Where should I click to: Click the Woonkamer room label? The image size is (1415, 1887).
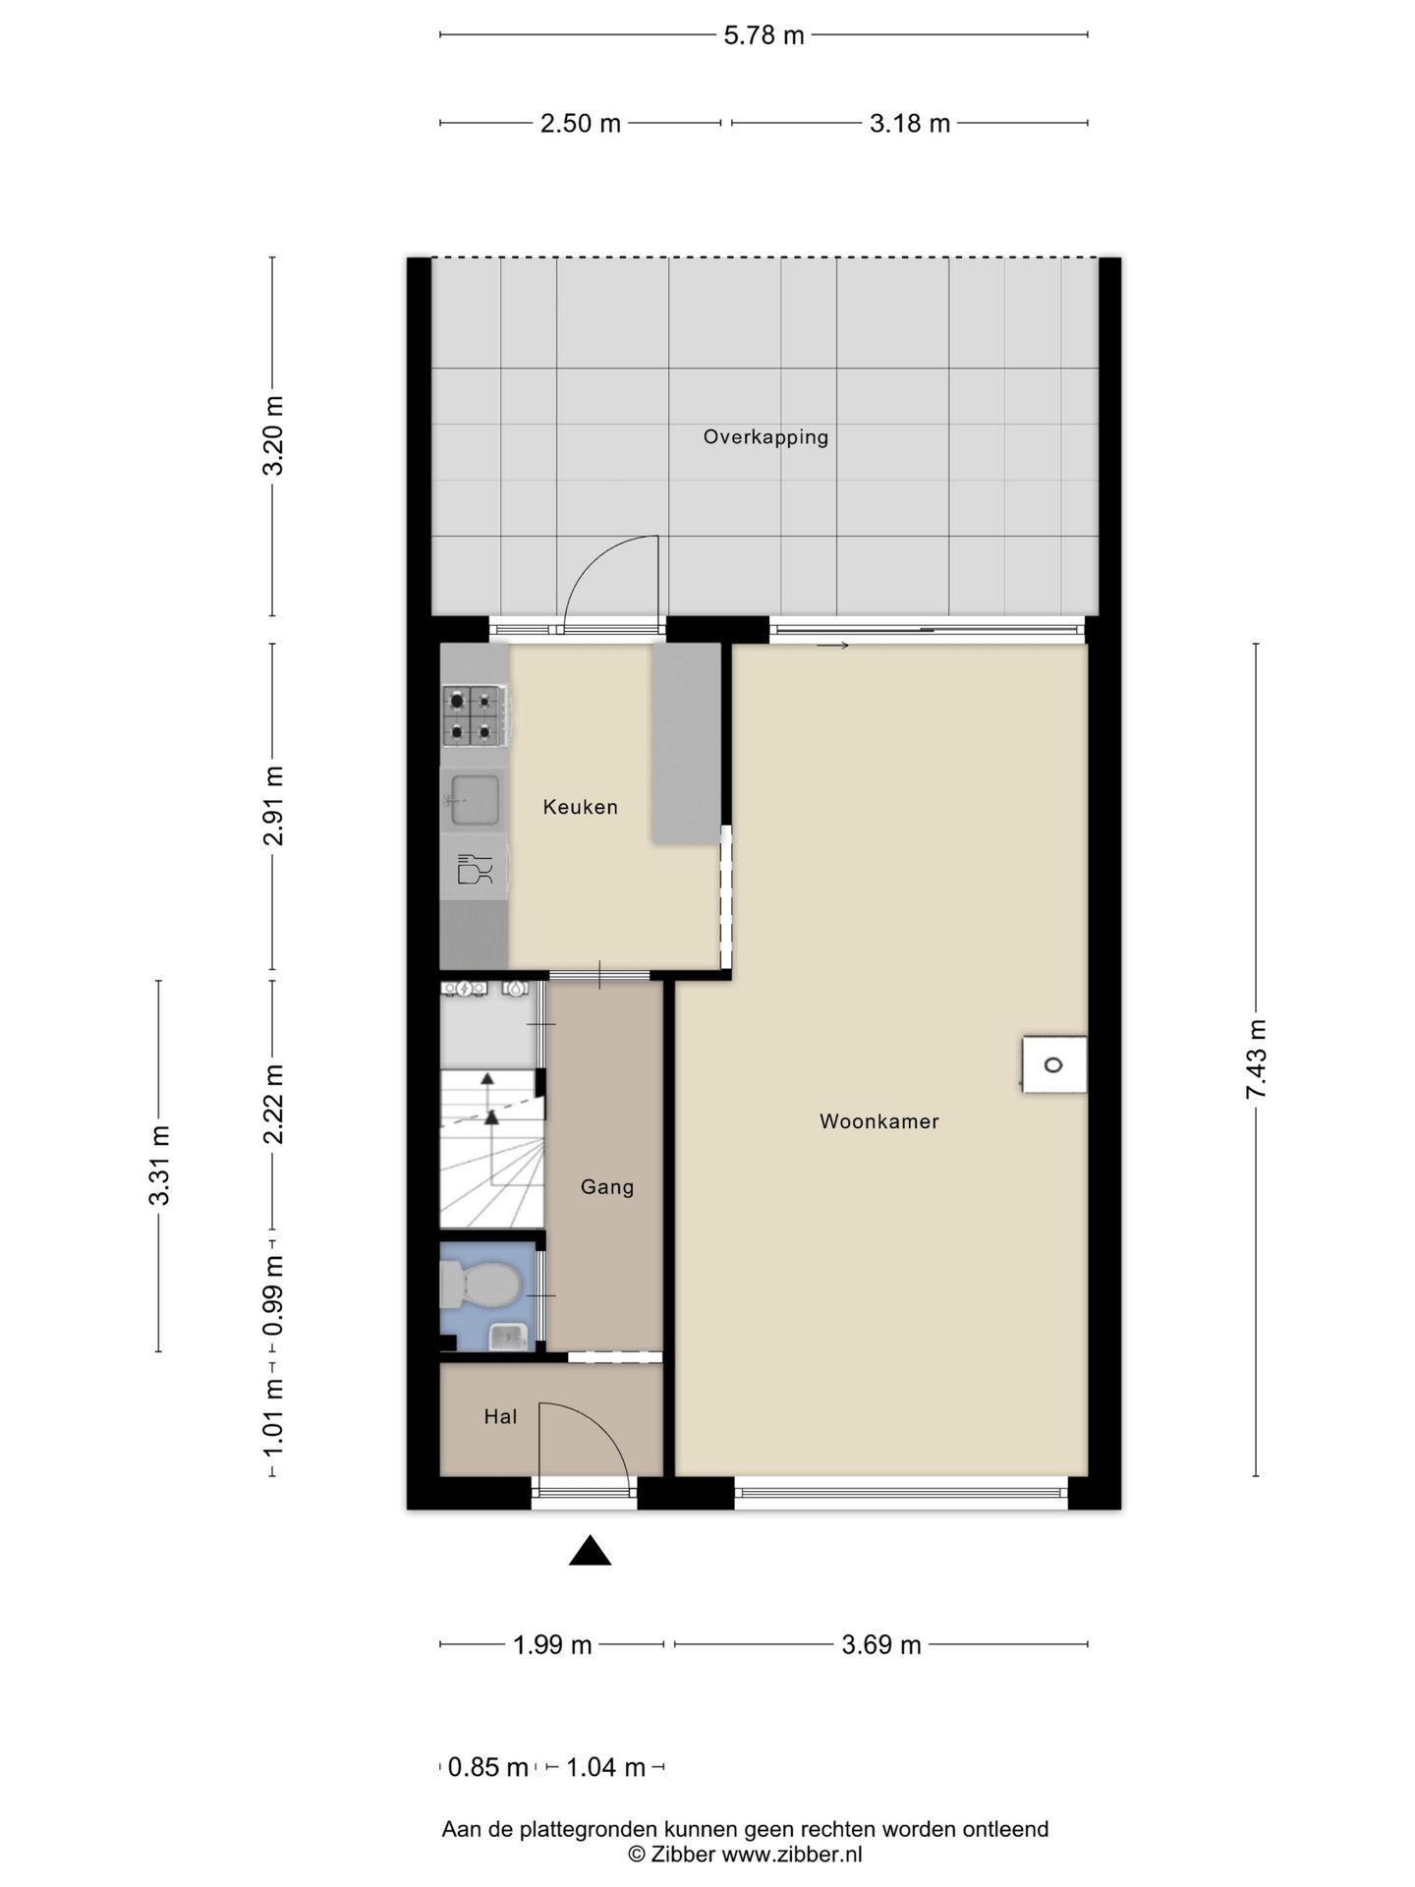pos(878,1121)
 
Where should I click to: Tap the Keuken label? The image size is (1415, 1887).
pos(580,807)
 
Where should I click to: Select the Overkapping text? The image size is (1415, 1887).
pos(765,437)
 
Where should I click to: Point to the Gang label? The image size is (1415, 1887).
pos(606,1187)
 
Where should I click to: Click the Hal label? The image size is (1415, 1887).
pos(500,1416)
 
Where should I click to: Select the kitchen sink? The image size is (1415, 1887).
pos(475,800)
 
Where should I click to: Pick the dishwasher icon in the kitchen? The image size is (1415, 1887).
pos(475,870)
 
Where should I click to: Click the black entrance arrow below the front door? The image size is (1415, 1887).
pos(590,1550)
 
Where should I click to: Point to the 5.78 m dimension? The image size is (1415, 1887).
pos(764,36)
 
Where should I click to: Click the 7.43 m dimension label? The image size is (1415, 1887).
pos(1257,1059)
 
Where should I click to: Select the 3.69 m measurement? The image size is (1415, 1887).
pos(881,1645)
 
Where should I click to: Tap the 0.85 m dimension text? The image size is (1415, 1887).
pos(488,1768)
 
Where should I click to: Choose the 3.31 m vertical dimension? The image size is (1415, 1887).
pos(159,1166)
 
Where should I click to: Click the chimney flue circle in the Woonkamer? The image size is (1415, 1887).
pos(1053,1064)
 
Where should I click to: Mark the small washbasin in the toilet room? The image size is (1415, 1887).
pos(508,1336)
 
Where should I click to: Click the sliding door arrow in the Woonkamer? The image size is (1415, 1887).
pos(832,646)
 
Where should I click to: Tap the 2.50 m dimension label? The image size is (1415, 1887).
pos(581,124)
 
